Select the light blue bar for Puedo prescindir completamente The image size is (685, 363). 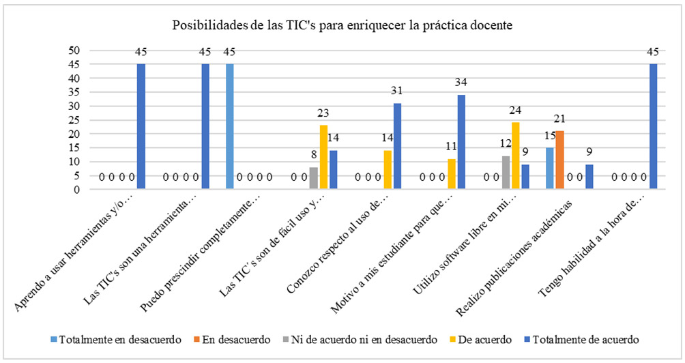click(x=229, y=127)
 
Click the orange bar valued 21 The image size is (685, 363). click(x=560, y=160)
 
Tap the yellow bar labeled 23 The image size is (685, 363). click(x=323, y=158)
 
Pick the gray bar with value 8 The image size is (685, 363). click(x=314, y=179)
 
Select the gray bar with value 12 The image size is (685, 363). click(x=506, y=173)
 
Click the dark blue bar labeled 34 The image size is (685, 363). click(x=461, y=143)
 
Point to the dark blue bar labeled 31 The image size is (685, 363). click(x=397, y=147)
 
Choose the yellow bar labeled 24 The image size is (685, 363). click(x=516, y=156)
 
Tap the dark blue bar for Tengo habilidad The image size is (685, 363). click(x=654, y=127)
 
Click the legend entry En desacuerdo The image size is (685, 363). click(x=236, y=338)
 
